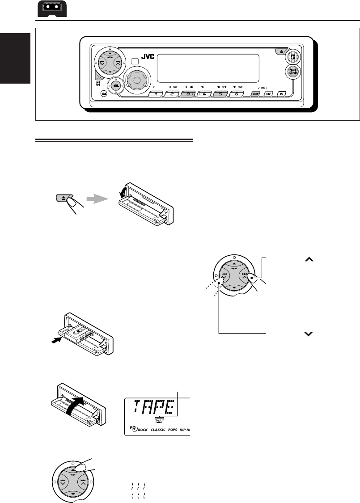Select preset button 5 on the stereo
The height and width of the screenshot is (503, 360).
tap(220, 94)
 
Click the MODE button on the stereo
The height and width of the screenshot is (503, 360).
tap(255, 94)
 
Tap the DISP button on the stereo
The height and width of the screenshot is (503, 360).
tap(268, 94)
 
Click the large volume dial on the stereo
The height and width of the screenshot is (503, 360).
tap(136, 80)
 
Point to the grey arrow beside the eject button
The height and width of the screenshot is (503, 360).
tap(97, 201)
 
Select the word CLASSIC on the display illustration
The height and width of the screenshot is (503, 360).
tap(160, 432)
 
